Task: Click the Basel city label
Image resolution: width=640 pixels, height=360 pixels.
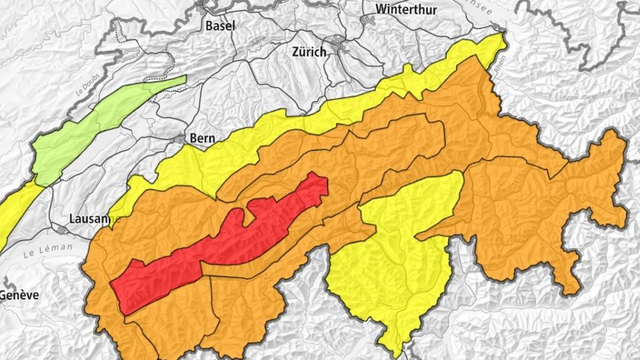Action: click(220, 26)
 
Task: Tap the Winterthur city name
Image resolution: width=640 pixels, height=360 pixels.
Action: click(406, 9)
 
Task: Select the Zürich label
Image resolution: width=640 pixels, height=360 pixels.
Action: click(309, 52)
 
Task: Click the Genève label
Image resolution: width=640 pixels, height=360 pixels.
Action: click(19, 295)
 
